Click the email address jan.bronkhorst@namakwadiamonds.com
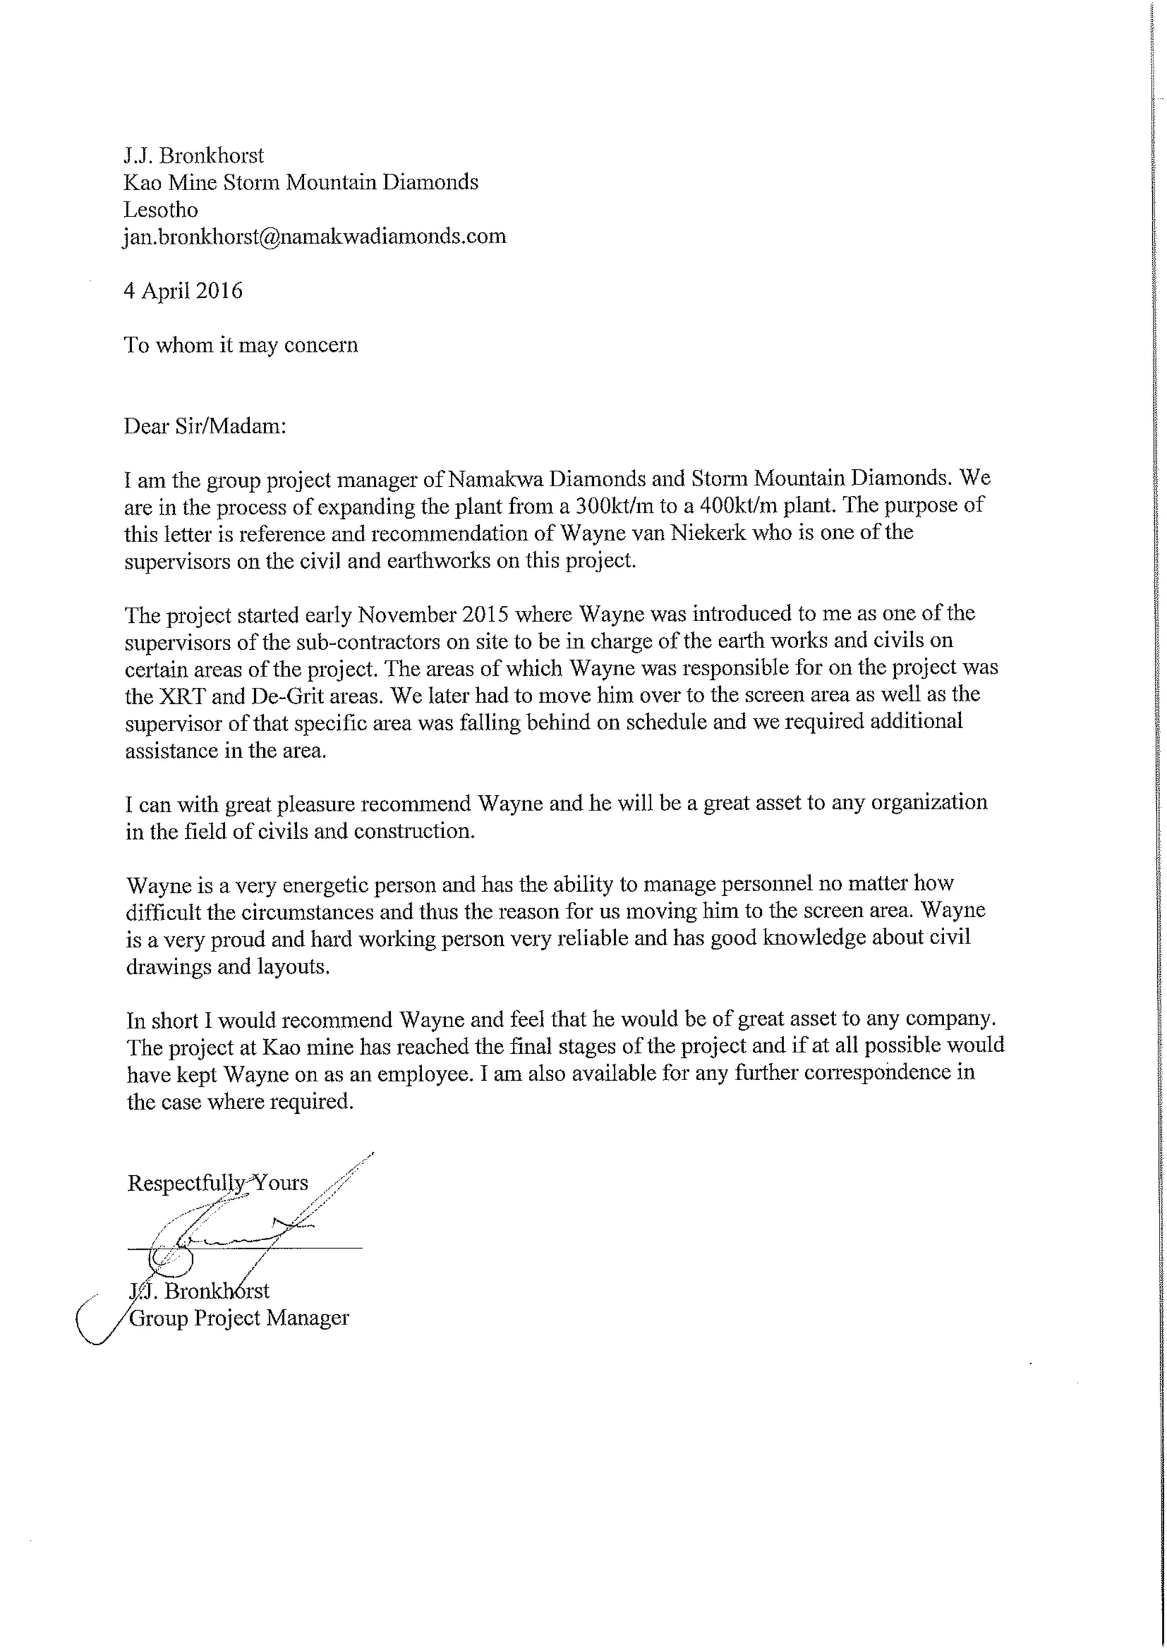pos(315,236)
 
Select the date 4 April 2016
pos(183,291)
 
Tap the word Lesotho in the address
pos(160,210)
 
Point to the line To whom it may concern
pos(240,346)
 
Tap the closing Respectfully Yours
pos(218,1183)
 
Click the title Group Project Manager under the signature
pos(239,1319)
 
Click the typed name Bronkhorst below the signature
pos(217,1291)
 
